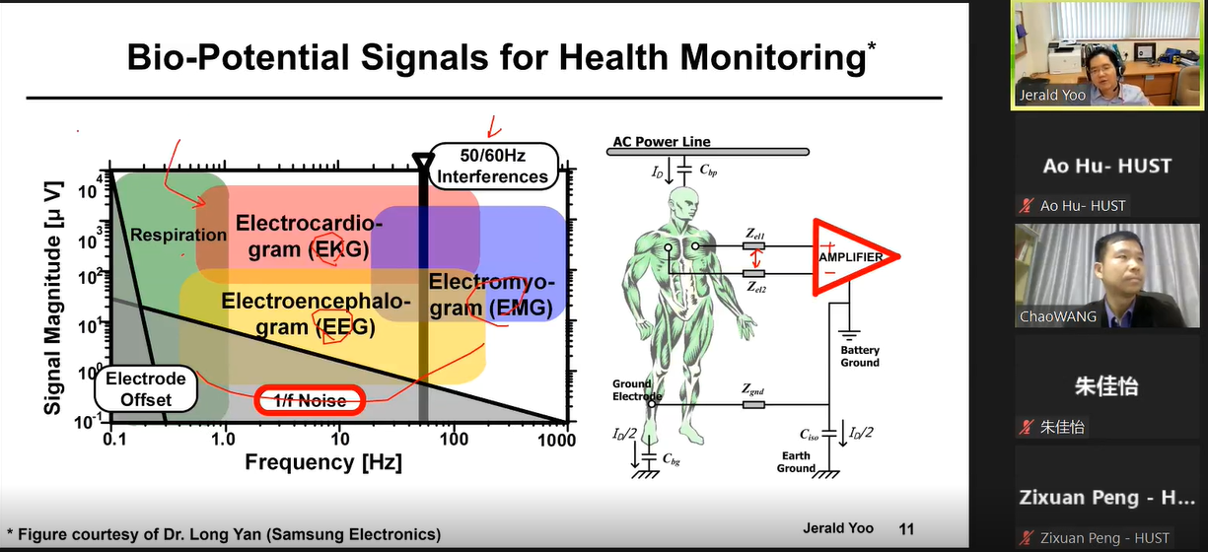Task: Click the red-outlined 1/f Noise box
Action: [x=310, y=400]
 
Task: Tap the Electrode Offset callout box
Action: [x=146, y=389]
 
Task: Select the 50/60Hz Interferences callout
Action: [x=492, y=166]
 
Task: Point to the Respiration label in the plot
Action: [x=178, y=235]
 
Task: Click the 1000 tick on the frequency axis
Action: [x=556, y=440]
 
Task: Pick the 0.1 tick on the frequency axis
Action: [x=114, y=440]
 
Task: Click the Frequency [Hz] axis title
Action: [x=323, y=462]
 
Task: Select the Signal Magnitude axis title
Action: [x=53, y=298]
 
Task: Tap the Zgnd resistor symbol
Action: [x=753, y=404]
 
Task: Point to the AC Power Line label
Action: [x=662, y=142]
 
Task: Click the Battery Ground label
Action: [x=860, y=356]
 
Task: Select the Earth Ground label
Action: [x=796, y=462]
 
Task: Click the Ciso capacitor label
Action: [x=809, y=435]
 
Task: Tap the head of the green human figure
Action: [x=683, y=204]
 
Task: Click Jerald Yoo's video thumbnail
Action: [x=1107, y=55]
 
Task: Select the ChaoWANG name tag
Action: [x=1057, y=316]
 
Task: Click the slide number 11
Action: [x=906, y=528]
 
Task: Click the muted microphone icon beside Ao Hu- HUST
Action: [x=1026, y=205]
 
